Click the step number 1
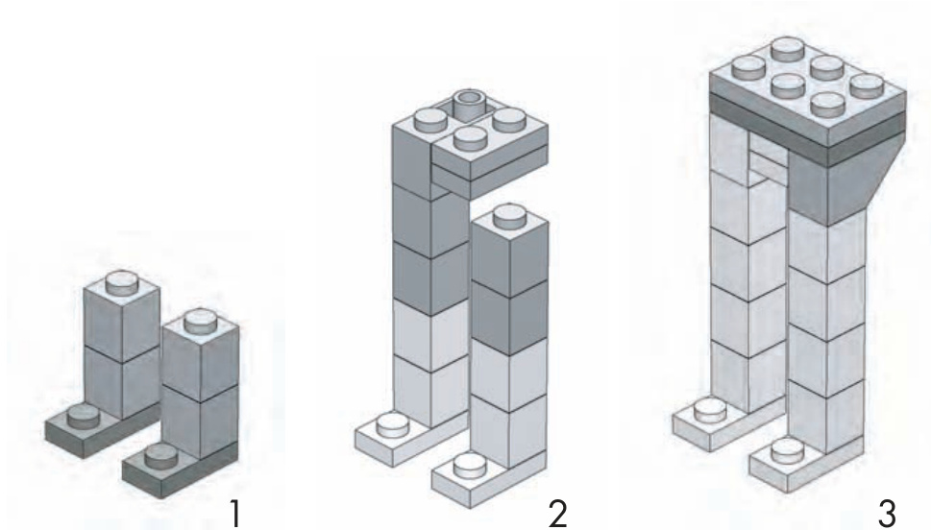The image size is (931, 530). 236,514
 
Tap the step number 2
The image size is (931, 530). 557,514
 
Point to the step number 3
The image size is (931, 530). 887,514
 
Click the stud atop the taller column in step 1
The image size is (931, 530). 122,282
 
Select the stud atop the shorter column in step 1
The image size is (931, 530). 201,321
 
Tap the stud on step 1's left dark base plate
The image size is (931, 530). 84,416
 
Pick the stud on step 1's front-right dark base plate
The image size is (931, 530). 160,455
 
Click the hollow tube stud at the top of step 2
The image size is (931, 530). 470,104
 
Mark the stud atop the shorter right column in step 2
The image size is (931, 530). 509,215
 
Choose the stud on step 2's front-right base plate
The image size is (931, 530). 470,464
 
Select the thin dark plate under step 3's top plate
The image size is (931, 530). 807,129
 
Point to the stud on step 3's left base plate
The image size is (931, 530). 710,410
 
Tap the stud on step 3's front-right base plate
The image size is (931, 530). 787,450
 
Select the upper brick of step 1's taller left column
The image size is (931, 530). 122,321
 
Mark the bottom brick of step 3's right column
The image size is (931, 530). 826,416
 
